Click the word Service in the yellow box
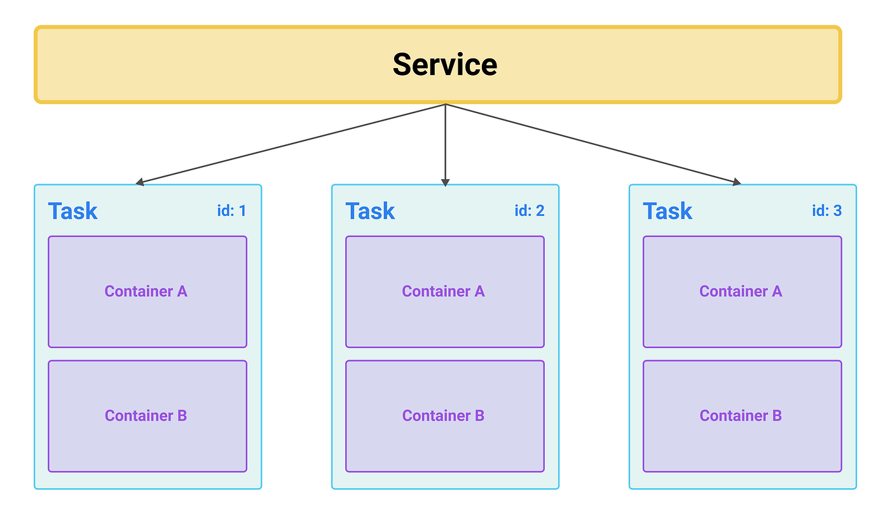tap(444, 65)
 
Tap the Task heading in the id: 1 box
tap(72, 211)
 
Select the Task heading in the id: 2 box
tap(370, 211)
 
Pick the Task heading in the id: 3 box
tap(667, 211)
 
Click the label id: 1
tap(231, 210)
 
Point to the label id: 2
tap(529, 210)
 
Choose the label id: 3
tap(826, 210)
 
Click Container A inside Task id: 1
tap(146, 292)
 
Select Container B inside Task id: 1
tap(146, 416)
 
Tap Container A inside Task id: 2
tap(444, 292)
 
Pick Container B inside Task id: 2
tap(444, 416)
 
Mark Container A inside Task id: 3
tap(741, 292)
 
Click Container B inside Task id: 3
tap(741, 416)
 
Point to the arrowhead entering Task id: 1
tap(140, 183)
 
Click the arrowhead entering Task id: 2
tap(445, 182)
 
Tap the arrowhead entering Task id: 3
tap(737, 182)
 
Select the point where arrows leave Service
tap(445, 104)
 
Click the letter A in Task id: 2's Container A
tap(479, 292)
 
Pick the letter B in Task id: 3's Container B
tap(776, 416)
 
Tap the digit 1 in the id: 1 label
tap(242, 210)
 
